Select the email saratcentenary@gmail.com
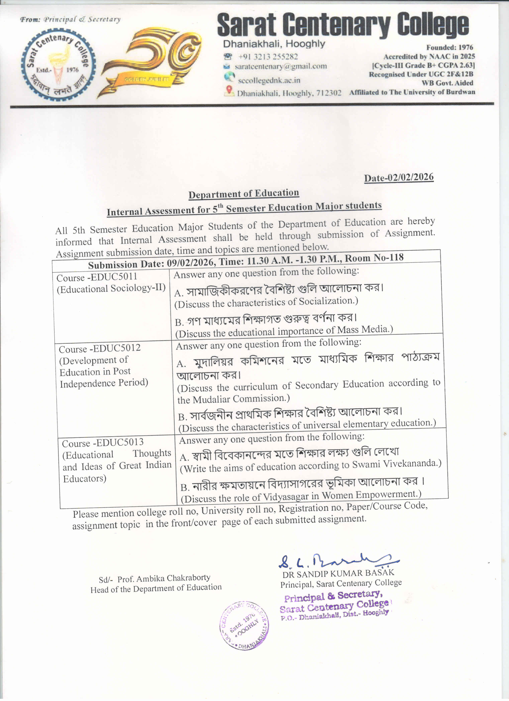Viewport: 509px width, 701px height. [x=280, y=66]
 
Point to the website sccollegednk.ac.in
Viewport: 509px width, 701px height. [x=269, y=80]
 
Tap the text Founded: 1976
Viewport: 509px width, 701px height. [x=450, y=48]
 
